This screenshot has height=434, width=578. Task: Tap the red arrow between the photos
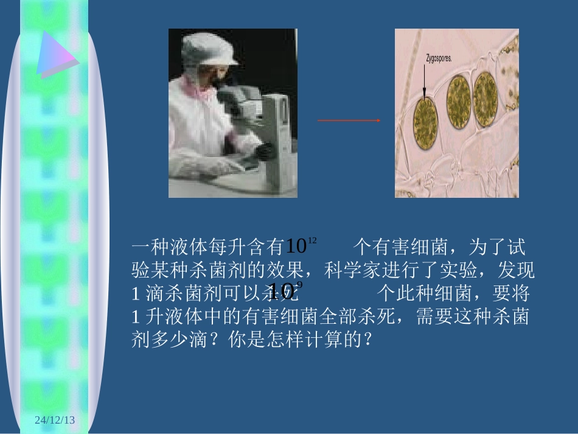coord(348,121)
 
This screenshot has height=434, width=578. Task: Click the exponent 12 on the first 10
coord(313,241)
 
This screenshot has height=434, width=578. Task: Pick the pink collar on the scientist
coord(201,91)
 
